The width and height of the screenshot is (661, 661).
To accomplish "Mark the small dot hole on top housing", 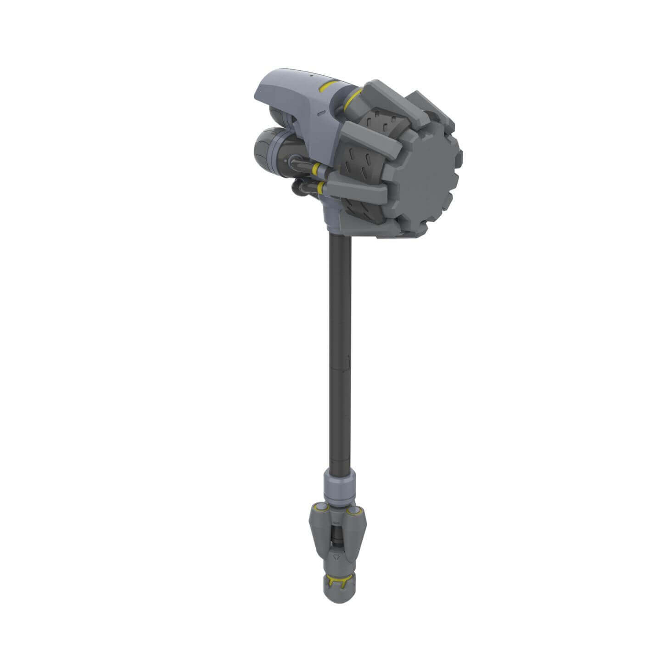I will (x=310, y=75).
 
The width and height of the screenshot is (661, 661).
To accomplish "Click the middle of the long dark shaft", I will (x=340, y=353).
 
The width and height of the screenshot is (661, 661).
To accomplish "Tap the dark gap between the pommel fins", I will (x=337, y=535).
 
